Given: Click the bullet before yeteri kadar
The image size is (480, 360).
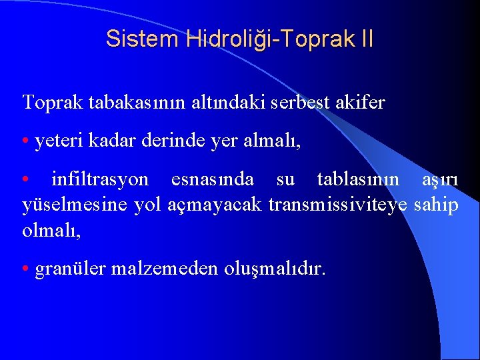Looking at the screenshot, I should [x=25, y=142].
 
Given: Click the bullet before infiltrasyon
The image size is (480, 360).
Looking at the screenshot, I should [x=25, y=181].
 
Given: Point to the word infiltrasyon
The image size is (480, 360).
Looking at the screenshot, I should [x=100, y=180].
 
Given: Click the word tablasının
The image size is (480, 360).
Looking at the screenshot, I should [x=359, y=180].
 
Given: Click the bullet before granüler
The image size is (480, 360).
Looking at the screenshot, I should [x=25, y=270].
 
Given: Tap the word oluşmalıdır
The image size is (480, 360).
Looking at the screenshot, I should [x=275, y=270].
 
